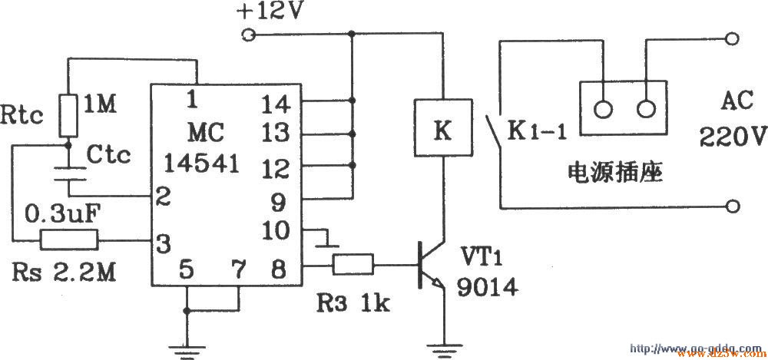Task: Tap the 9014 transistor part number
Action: (487, 286)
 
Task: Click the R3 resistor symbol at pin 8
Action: (353, 266)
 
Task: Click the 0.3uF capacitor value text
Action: (59, 210)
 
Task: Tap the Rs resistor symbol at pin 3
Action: (70, 241)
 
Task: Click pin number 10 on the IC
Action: (277, 230)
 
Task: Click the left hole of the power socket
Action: (604, 108)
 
